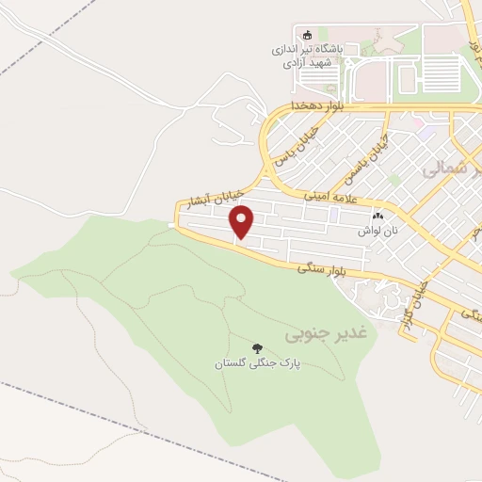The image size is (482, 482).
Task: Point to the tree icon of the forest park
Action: (258, 347)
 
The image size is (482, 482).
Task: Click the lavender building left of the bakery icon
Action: (335, 216)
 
